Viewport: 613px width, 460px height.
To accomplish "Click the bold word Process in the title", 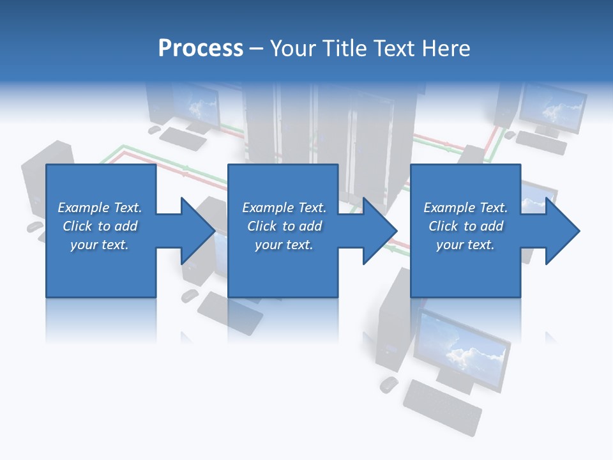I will (x=201, y=49).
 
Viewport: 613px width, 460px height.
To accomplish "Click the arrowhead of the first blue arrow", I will (x=199, y=231).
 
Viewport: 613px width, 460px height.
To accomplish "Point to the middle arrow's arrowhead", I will (x=381, y=231).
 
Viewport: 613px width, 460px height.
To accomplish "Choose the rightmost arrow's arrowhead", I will (x=563, y=231).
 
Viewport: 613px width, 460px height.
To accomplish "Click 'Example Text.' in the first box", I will (x=100, y=208).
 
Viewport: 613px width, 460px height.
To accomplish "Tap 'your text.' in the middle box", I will (x=284, y=245).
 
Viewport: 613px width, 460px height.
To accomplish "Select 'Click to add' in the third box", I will (x=465, y=226).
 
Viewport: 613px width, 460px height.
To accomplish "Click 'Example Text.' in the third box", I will (x=465, y=208).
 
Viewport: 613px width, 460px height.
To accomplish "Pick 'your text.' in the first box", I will (x=100, y=245).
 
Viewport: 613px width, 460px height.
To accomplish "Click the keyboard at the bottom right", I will (x=443, y=406).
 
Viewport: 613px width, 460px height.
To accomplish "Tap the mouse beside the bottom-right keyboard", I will (x=388, y=384).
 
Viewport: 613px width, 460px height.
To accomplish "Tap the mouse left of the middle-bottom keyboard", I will (x=190, y=295).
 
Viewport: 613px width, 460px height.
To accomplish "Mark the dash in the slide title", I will (x=257, y=49).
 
